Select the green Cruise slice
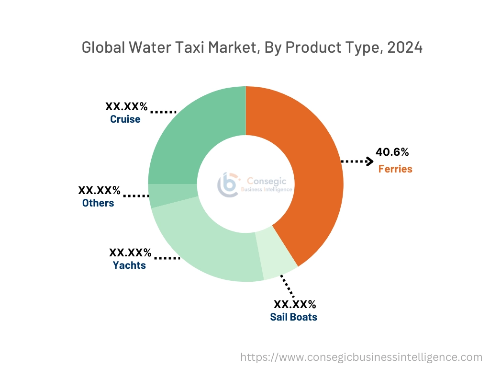[191, 129]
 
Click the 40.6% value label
[392, 152]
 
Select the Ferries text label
[395, 169]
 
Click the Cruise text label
[125, 119]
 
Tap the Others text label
[98, 203]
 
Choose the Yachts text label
[129, 265]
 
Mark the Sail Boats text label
[293, 317]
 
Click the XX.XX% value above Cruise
[126, 106]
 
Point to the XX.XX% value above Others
[100, 190]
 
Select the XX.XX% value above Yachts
[130, 253]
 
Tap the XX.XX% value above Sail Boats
[295, 304]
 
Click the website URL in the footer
[361, 357]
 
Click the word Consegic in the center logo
[264, 181]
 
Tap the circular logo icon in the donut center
[228, 184]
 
